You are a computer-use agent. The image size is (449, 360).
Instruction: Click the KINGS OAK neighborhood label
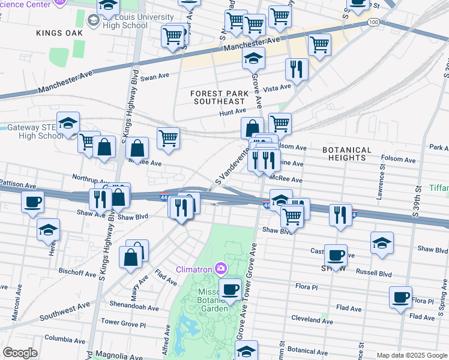coord(58,33)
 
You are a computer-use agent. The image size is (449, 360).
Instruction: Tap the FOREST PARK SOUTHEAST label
coord(218,97)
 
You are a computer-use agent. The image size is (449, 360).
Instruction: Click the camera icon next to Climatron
coord(221,268)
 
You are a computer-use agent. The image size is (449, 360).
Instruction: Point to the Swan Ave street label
coord(155,77)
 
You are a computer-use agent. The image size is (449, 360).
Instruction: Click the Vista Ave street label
coord(277,88)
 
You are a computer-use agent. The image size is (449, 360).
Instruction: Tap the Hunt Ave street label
coord(232,112)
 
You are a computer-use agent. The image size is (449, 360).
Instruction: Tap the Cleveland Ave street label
coord(312,321)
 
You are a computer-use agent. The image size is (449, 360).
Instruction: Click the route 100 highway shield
coord(373,22)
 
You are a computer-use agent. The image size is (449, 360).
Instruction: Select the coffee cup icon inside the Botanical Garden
coord(229,289)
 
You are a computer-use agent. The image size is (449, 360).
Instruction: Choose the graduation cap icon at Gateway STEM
coord(68,123)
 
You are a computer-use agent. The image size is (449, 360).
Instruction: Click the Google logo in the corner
coord(20,353)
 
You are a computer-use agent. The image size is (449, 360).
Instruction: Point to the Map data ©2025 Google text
coord(411,355)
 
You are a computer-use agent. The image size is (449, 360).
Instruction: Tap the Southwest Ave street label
coord(64,311)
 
